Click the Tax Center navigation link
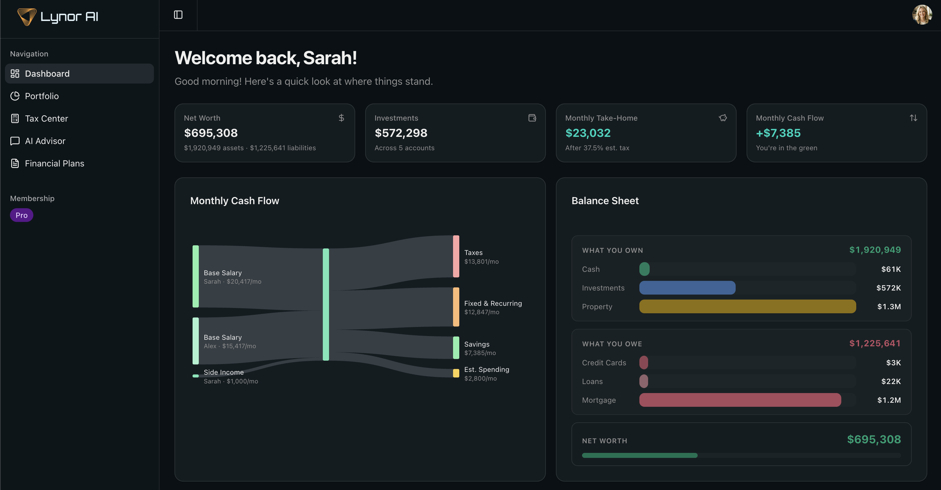(46, 118)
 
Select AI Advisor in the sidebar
(45, 141)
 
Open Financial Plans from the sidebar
(54, 163)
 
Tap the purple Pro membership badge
(21, 215)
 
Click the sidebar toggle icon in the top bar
(178, 15)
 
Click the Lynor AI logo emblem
(27, 17)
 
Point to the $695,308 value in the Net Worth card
(211, 133)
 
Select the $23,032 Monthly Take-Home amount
(588, 133)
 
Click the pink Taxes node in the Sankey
(456, 256)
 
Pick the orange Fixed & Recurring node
(456, 307)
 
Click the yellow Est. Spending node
(456, 373)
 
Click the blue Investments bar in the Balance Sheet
(687, 288)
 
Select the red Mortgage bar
(740, 400)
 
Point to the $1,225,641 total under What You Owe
(875, 343)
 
